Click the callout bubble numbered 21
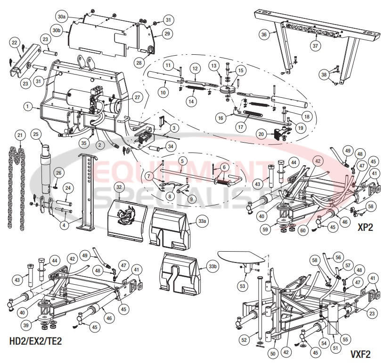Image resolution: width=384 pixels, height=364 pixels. click(x=19, y=136)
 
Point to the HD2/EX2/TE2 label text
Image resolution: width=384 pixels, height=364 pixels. click(x=36, y=340)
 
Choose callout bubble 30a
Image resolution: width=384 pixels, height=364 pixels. click(x=61, y=17)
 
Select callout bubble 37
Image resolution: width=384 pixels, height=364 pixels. click(x=315, y=46)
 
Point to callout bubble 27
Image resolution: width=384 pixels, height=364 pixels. click(x=137, y=97)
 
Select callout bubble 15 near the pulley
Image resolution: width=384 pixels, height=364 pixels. click(x=241, y=71)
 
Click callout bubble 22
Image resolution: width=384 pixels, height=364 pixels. click(x=14, y=43)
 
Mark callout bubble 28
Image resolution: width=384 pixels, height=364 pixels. click(x=139, y=62)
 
